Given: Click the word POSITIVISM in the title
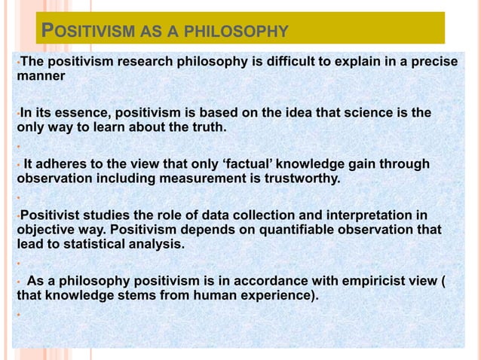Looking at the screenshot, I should tap(90, 32).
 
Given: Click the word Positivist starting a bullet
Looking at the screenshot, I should tap(51, 215).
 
